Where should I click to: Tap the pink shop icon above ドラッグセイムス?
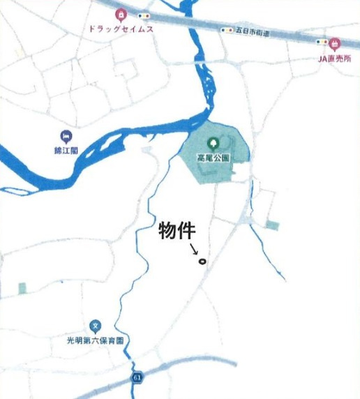coord(120,13)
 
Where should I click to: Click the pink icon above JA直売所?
coord(335,43)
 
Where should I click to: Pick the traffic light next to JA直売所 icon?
coord(322,43)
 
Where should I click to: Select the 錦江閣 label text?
coord(67,149)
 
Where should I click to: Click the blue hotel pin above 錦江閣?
coord(66,135)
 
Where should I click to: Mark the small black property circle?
coord(202,262)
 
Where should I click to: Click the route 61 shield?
coord(137,377)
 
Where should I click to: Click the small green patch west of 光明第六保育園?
coord(22,288)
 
